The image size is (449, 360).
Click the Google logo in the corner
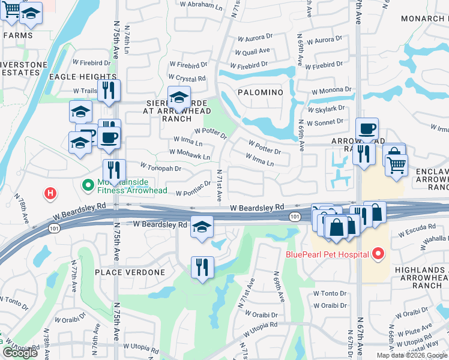20,353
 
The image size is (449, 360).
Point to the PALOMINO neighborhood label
259,92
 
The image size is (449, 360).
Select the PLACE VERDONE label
130,272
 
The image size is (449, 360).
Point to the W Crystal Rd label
187,78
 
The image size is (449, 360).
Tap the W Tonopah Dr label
160,168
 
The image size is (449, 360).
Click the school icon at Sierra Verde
179,98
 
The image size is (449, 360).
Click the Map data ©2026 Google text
412,355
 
